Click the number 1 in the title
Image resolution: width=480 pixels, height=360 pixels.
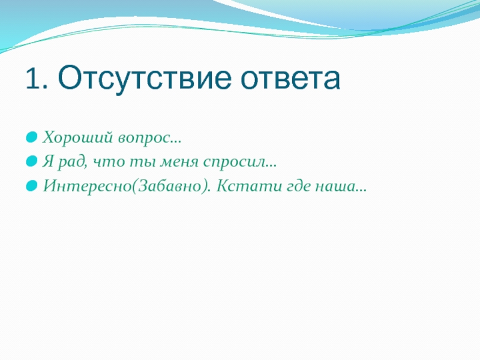click(x=33, y=78)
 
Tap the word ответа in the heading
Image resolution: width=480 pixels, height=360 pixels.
click(x=290, y=79)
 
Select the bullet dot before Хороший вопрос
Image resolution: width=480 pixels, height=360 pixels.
click(x=32, y=137)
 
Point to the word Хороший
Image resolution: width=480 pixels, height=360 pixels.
click(x=78, y=137)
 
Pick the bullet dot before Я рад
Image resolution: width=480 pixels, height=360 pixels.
click(x=32, y=161)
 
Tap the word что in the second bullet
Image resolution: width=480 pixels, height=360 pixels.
click(x=109, y=162)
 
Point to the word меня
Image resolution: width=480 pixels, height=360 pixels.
click(x=179, y=162)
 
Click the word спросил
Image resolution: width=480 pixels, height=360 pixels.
click(x=234, y=163)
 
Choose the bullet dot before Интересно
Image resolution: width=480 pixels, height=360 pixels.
click(x=32, y=185)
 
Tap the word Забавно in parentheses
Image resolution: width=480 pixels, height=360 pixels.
click(x=171, y=186)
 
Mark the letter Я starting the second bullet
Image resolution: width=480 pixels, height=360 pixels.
click(x=48, y=161)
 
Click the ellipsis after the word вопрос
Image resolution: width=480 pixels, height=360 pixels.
click(x=176, y=142)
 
